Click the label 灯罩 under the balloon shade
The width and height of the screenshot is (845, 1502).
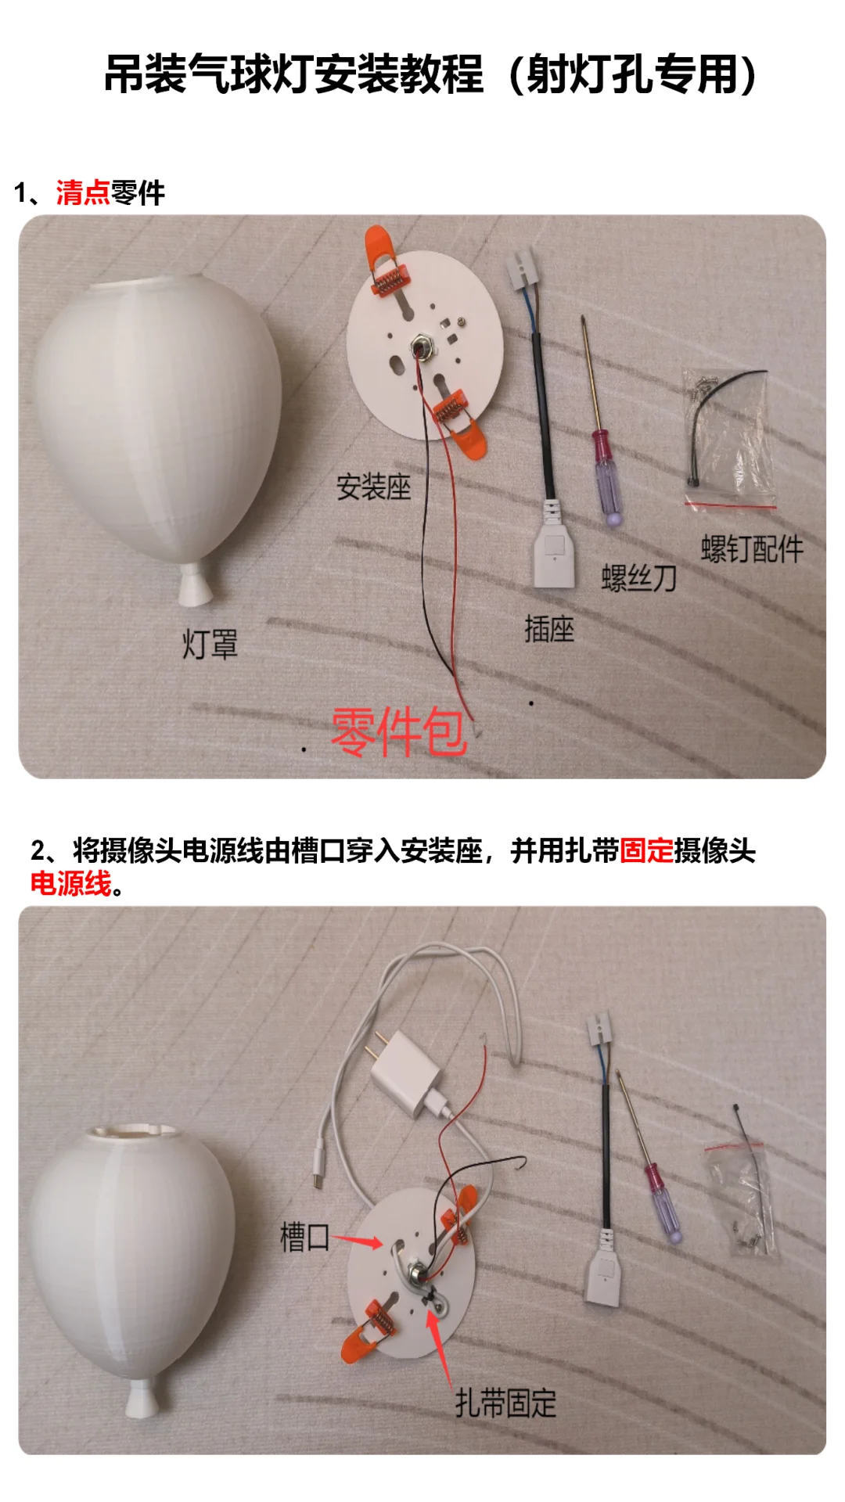point(210,645)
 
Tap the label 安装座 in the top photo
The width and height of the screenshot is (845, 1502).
point(373,487)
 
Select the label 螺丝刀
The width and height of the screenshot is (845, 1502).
point(638,578)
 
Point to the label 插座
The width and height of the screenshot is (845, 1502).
point(549,629)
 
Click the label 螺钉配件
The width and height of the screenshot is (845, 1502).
point(751,548)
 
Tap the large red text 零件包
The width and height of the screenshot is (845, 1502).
point(398,731)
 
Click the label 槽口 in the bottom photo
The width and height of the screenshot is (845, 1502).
point(304,1237)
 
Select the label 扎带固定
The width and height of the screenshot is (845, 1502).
point(505,1403)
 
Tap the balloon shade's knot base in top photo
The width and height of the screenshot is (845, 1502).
point(195,587)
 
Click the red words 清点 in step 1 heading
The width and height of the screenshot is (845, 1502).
point(82,192)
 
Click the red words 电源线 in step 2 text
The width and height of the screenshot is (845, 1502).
point(70,884)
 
